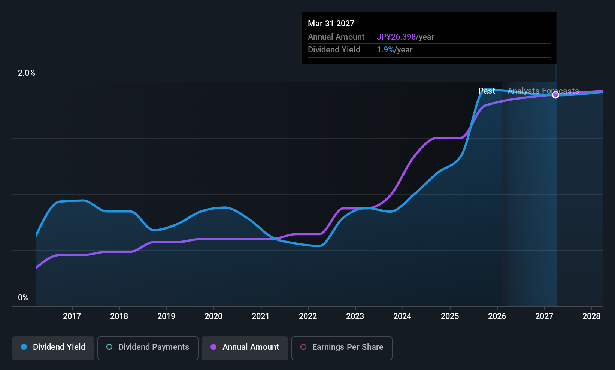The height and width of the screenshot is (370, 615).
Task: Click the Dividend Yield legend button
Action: click(x=53, y=348)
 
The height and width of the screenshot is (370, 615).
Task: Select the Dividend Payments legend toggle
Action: click(x=148, y=348)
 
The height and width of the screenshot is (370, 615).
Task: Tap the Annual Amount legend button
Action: click(x=245, y=348)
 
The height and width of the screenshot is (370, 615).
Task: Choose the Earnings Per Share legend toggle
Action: click(x=342, y=348)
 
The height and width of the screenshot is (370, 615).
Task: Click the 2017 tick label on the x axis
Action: click(x=72, y=316)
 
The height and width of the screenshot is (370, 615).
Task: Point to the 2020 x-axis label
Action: click(x=213, y=316)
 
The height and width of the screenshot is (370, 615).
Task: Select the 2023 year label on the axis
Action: click(x=355, y=316)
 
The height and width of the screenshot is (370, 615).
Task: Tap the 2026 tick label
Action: click(x=497, y=316)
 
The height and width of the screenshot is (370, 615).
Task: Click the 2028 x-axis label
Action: click(x=591, y=316)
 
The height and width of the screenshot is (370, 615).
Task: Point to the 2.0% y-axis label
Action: click(x=27, y=73)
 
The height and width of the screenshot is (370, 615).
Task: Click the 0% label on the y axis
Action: click(x=23, y=298)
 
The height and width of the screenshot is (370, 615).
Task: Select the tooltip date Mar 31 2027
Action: click(x=331, y=23)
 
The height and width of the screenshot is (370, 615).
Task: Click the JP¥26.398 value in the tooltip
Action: click(x=396, y=37)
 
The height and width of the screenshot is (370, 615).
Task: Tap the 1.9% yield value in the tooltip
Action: click(x=385, y=50)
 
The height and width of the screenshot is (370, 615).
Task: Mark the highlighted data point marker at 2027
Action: click(x=556, y=95)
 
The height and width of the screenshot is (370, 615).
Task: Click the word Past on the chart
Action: click(x=487, y=91)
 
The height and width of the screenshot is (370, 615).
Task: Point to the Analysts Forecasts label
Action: click(x=543, y=91)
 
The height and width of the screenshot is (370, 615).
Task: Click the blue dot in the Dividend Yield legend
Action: click(x=24, y=347)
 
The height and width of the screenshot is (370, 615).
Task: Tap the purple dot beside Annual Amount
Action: click(x=213, y=347)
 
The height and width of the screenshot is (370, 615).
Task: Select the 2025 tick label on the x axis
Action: click(x=450, y=316)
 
